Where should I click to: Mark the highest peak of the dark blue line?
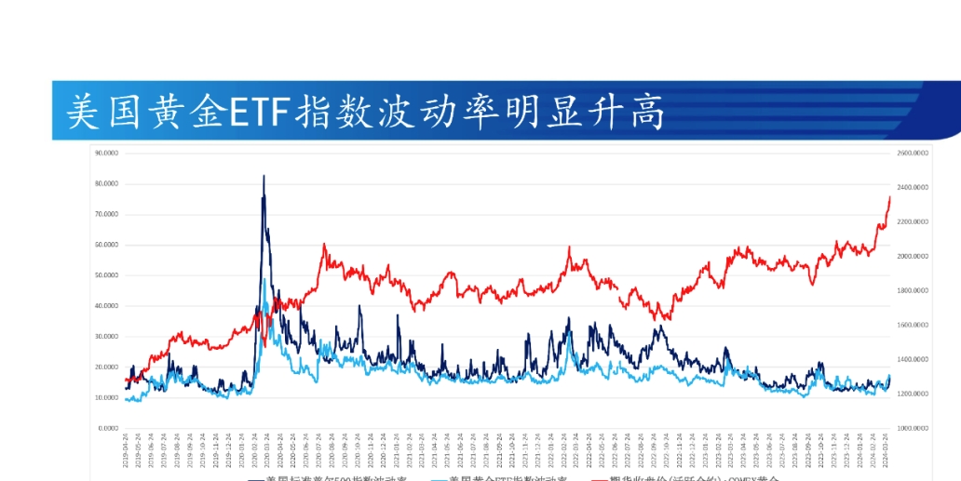click(264, 176)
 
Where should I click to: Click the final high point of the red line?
click(889, 197)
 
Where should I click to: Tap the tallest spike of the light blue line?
click(264, 280)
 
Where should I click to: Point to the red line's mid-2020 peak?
click(324, 245)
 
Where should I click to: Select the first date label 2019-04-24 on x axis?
click(127, 451)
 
